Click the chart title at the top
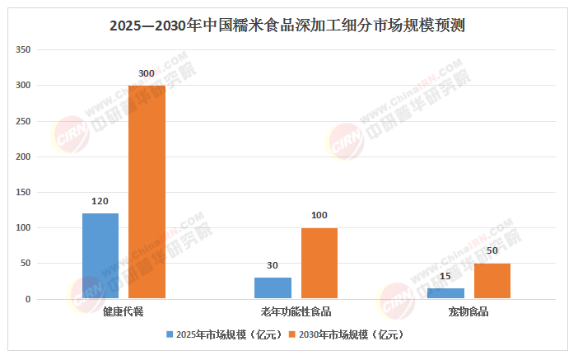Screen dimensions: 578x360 [x=287, y=26]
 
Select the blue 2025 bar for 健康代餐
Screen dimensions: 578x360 [x=100, y=255]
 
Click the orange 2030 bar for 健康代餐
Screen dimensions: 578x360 [x=147, y=192]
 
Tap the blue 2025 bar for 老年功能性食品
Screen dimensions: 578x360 [x=273, y=288]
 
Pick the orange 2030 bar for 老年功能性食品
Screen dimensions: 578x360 [x=319, y=263]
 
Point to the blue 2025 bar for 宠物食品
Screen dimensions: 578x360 [x=445, y=293]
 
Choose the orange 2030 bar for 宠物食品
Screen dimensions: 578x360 [x=492, y=281]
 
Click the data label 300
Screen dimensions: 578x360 [x=147, y=73]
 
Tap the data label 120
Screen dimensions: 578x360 [x=100, y=201]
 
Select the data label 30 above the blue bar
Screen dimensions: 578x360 [x=273, y=265]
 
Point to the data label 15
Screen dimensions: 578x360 [x=445, y=276]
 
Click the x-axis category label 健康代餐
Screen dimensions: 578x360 [x=124, y=311]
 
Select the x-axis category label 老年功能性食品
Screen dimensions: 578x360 [x=296, y=311]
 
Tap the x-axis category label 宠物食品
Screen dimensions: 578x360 [x=468, y=311]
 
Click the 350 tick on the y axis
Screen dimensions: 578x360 [x=23, y=49]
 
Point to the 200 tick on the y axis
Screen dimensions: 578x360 [x=23, y=157]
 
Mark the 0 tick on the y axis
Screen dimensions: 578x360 [x=28, y=299]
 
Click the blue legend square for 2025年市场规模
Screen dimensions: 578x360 [x=170, y=334]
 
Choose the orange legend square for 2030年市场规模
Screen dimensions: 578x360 [x=292, y=334]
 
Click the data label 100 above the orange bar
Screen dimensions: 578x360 [x=319, y=215]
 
